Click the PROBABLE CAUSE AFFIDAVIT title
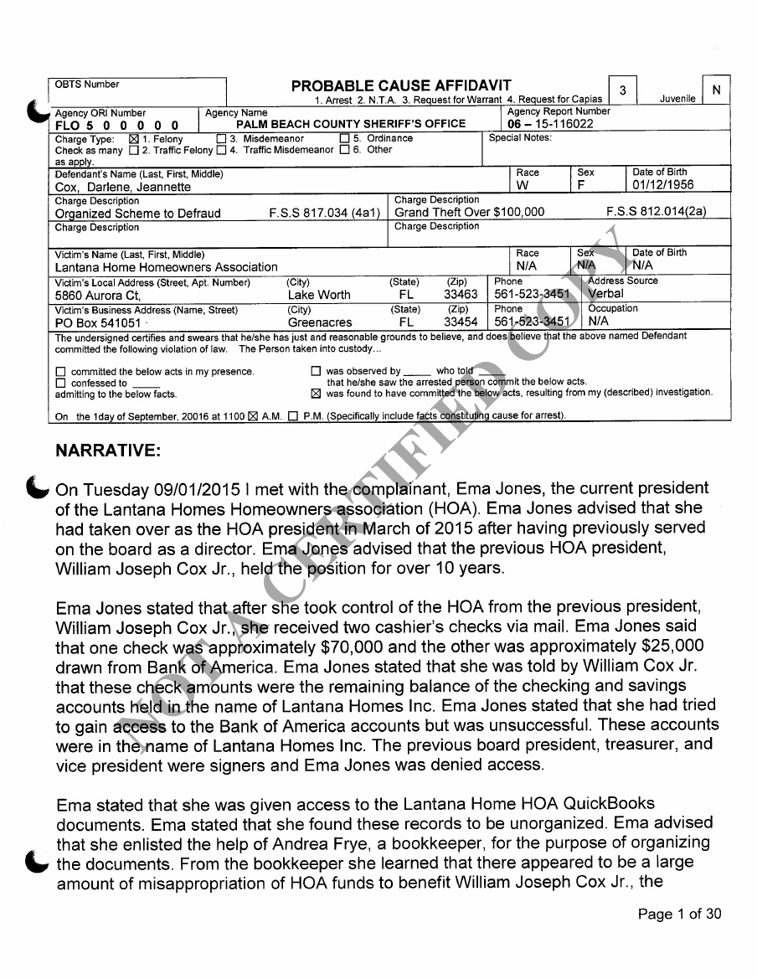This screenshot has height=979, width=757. click(x=401, y=86)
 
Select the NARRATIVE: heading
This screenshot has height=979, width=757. click(x=107, y=451)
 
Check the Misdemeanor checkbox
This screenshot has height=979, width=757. click(x=221, y=139)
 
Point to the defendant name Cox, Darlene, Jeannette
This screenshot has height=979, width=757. click(x=123, y=187)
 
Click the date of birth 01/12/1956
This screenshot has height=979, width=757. click(x=663, y=186)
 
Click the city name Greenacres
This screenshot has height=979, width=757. click(x=320, y=322)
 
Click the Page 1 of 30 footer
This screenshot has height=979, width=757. click(x=679, y=915)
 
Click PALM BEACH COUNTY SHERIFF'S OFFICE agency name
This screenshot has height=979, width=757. click(x=351, y=124)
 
